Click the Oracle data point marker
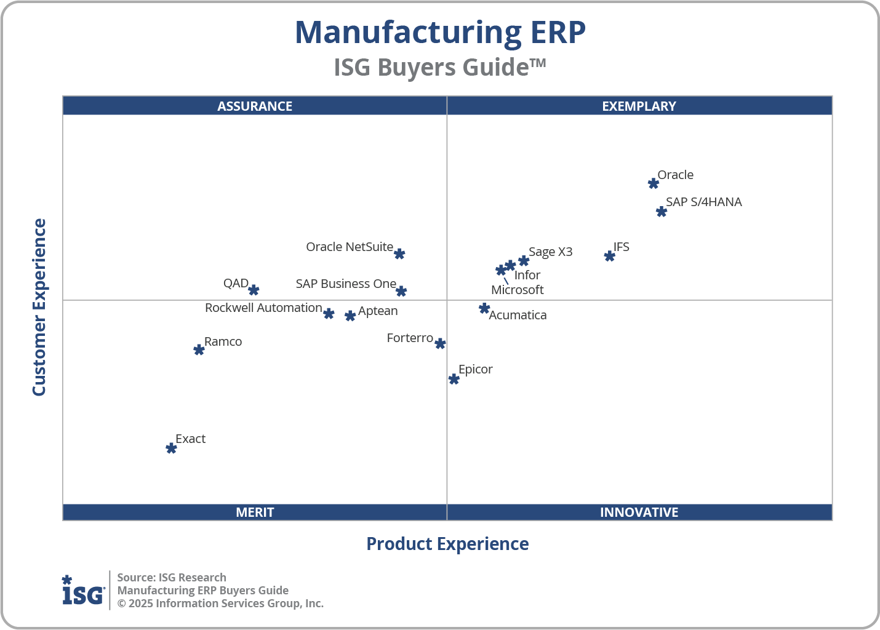654,183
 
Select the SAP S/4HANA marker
662,212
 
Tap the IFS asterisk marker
610,256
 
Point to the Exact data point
172,448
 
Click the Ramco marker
199,350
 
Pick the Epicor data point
454,379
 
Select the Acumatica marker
484,308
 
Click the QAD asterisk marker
254,290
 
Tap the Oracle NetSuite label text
350,247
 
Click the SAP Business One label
346,284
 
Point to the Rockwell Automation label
263,308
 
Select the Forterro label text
410,338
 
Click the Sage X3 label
550,252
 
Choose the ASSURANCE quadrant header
255,106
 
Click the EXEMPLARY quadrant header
639,106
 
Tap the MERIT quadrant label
255,512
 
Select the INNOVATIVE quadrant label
639,512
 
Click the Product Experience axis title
447,544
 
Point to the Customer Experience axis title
39,308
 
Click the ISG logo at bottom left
83,591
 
